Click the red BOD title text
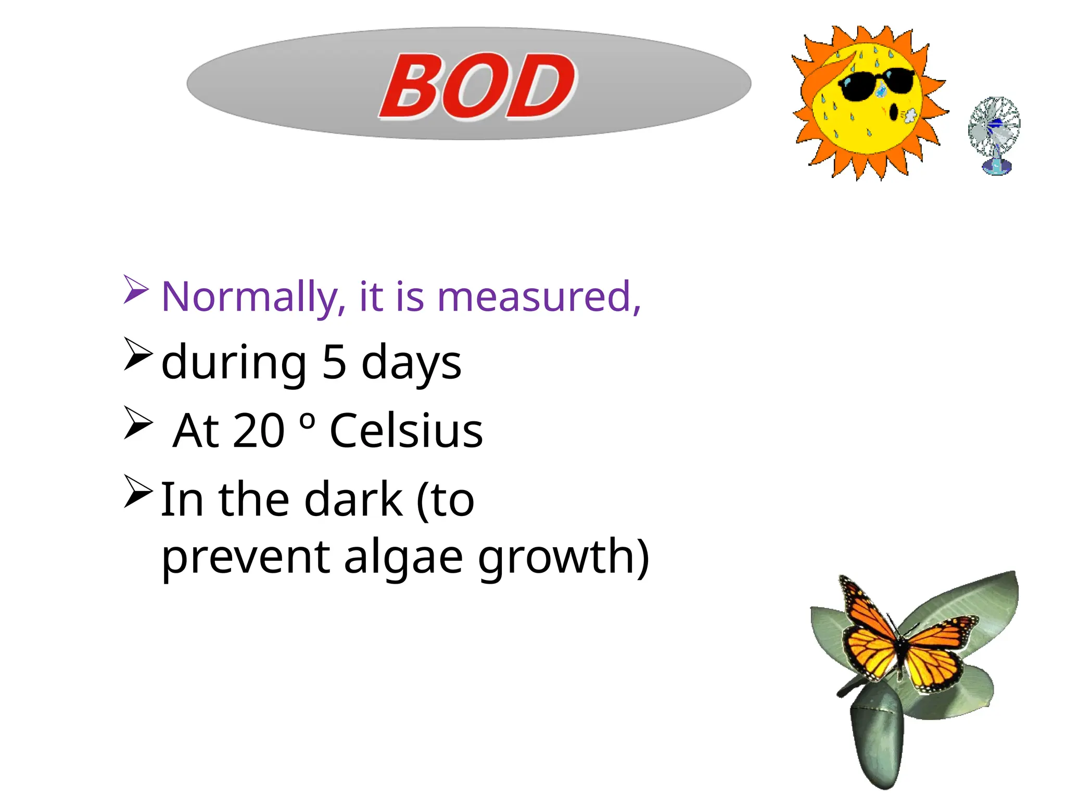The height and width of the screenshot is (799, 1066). (478, 86)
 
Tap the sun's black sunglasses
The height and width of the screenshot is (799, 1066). (877, 83)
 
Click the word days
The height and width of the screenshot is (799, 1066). (411, 363)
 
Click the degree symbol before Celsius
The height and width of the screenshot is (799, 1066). (308, 420)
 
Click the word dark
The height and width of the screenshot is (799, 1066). (353, 499)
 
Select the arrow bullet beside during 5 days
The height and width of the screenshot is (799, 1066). (138, 354)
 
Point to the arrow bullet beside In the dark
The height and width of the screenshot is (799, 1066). (138, 491)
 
